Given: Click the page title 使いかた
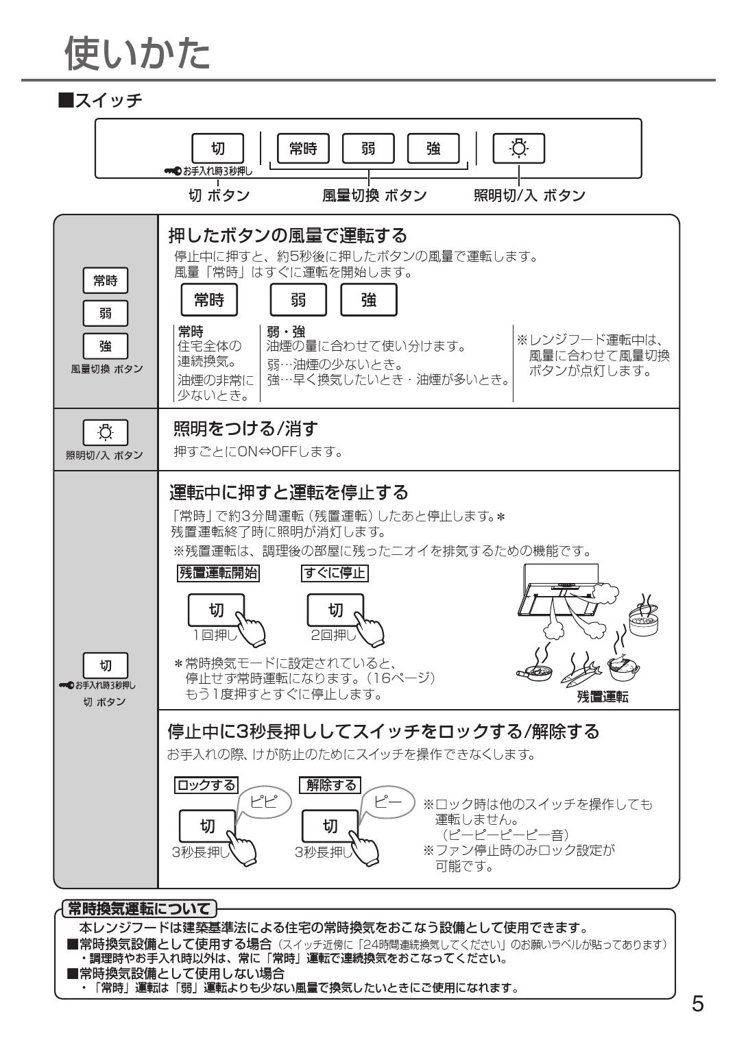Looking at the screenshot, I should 137,53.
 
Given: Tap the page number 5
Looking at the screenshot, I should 697,1004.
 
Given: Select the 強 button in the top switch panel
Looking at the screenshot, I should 433,149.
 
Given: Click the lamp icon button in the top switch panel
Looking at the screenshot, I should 518,149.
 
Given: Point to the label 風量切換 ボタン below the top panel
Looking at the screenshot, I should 374,196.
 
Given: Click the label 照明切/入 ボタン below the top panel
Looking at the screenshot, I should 529,196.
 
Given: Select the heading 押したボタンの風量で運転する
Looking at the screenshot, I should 288,236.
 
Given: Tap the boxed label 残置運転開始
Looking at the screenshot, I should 218,573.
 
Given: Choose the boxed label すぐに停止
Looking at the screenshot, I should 335,573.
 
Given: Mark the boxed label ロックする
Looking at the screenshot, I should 206,785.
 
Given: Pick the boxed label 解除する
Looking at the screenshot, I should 330,785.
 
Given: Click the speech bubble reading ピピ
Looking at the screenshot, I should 264,801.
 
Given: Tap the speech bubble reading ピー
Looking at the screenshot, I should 388,801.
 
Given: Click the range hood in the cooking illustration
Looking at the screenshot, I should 559,589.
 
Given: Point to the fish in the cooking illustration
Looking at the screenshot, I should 583,674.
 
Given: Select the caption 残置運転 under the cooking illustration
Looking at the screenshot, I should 603,697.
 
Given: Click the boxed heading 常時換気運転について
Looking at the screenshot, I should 139,909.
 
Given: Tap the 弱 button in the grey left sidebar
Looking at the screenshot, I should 105,313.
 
